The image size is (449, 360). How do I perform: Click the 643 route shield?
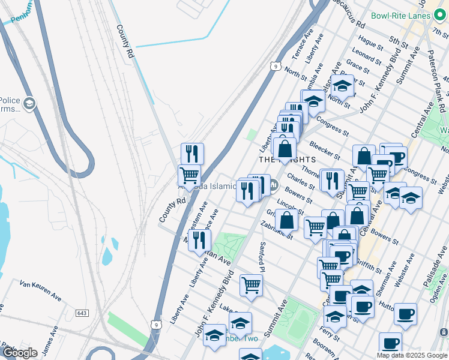point(83,313)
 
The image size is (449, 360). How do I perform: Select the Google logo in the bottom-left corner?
point(19,353)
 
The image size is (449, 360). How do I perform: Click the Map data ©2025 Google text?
point(412,355)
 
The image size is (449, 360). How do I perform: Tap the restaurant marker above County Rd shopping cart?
point(192,153)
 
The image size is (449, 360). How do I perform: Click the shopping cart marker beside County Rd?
point(189,175)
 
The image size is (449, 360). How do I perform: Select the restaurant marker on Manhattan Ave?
point(199,240)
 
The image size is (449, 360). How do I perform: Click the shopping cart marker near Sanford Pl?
point(251,284)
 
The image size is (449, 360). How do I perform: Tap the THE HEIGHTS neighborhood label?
point(287,160)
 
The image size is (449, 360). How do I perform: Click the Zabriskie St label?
point(276,230)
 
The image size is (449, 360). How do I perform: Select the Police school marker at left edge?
point(28,105)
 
